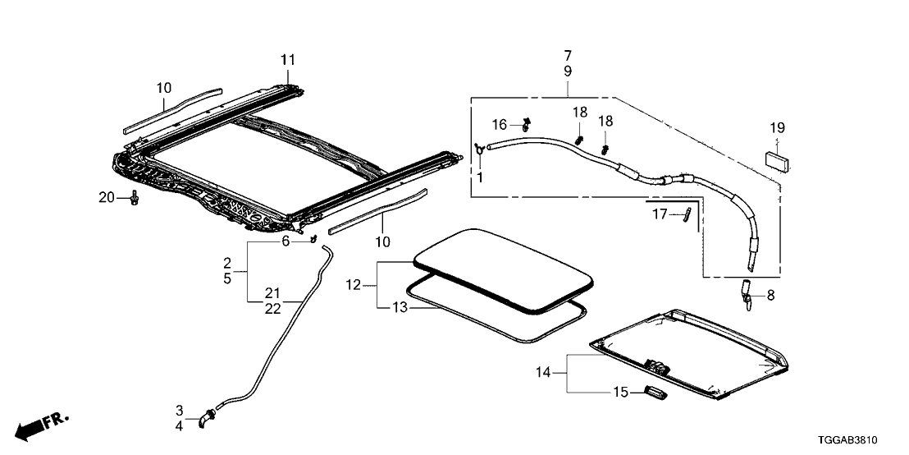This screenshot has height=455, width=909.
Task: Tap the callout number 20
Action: [x=106, y=197]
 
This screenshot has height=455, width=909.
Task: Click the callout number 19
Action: [x=777, y=128]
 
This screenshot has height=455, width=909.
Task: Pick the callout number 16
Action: [x=500, y=125]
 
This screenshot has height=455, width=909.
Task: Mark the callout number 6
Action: [x=285, y=241]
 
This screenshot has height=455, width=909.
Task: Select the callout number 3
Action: [x=179, y=410]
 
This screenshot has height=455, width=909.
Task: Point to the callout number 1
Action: [x=480, y=177]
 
